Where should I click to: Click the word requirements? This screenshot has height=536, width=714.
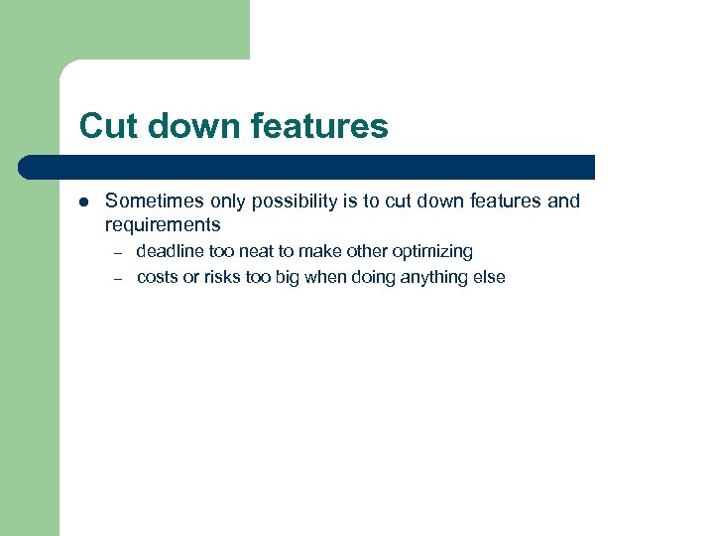tap(163, 225)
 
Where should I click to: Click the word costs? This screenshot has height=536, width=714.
tap(157, 278)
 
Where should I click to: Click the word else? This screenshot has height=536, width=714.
tap(488, 278)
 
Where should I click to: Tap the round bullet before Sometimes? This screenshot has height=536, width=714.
tap(84, 201)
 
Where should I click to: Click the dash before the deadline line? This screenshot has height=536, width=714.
tap(116, 252)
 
